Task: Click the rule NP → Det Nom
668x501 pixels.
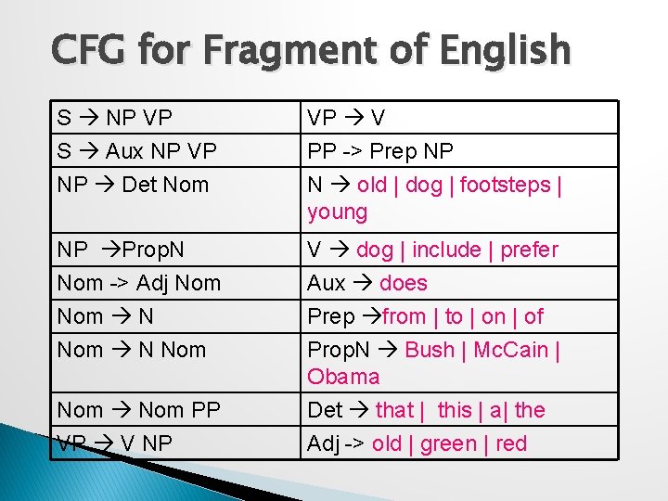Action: (133, 184)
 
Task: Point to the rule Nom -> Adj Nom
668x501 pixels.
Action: (139, 283)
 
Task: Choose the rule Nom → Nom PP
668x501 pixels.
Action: (139, 409)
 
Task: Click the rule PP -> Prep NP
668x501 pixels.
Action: (380, 150)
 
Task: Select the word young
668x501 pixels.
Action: (338, 212)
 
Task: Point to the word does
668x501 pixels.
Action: (404, 283)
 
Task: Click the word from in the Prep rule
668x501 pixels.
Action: (404, 316)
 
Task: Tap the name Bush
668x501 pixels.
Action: (430, 350)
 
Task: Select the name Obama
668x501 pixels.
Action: (343, 377)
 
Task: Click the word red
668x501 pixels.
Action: (511, 443)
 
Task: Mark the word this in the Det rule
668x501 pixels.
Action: (455, 409)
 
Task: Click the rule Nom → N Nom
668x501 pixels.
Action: (132, 350)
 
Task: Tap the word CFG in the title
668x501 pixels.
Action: (91, 51)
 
